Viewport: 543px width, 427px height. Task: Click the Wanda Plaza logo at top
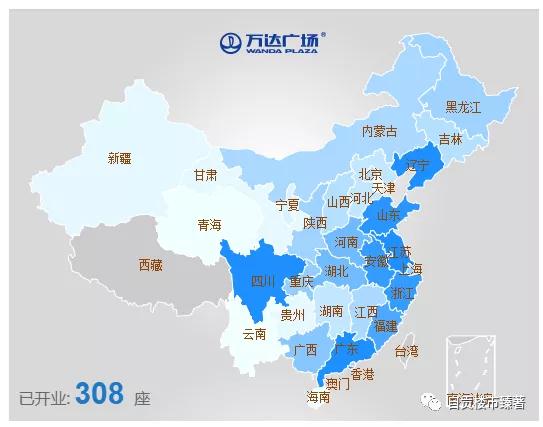point(272,41)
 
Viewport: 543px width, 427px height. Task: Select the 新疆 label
point(119,157)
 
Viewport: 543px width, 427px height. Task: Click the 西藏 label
point(150,265)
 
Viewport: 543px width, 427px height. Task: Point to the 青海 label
point(209,225)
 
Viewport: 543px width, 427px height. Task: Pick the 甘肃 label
point(205,174)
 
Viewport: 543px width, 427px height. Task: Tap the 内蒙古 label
point(379,131)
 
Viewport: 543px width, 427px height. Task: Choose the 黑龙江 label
point(463,106)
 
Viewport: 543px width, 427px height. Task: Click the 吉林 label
point(451,140)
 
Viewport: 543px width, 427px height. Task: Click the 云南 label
point(254,334)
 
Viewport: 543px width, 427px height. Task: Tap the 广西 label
point(305,350)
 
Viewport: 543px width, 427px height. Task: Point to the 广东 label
point(347,349)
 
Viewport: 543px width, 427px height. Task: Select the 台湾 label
point(407,351)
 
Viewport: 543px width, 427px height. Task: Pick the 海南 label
point(317,397)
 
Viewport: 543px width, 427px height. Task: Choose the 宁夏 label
point(287,205)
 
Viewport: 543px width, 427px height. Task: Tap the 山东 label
point(387,214)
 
